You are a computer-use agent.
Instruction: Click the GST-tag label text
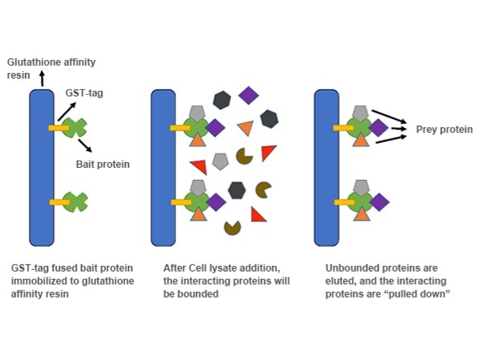point(84,92)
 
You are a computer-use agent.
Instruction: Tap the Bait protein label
point(103,165)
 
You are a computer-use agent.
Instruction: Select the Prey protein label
point(444,130)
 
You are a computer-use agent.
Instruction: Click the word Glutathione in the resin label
point(34,62)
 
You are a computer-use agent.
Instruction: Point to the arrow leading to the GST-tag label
point(66,112)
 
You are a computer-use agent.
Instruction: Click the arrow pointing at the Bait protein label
point(85,146)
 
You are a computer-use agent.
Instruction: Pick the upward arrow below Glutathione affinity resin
point(42,79)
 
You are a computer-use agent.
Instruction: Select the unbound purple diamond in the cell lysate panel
point(249,96)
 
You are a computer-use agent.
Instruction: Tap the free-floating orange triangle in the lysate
point(246,128)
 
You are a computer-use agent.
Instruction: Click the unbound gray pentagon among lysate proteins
point(221,161)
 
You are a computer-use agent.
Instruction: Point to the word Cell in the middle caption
point(198,268)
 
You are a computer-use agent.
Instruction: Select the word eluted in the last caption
point(339,281)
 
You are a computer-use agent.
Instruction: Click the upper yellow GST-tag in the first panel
point(58,127)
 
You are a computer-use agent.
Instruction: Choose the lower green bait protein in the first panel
point(75,202)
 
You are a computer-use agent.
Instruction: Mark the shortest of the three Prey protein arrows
point(399,129)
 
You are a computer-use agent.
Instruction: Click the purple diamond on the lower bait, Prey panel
point(379,203)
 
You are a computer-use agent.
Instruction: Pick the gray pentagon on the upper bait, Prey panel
point(360,113)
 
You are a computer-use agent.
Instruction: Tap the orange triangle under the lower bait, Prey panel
point(362,214)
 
